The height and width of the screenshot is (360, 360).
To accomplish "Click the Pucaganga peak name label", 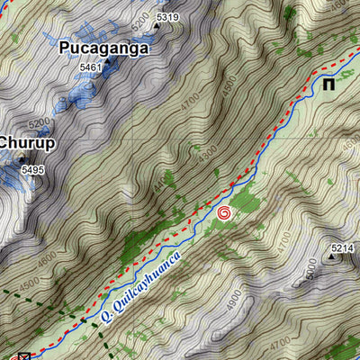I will (x=103, y=49).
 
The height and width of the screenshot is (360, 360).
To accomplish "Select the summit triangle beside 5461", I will (x=107, y=64).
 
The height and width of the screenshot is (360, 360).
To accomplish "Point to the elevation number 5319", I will (x=167, y=17).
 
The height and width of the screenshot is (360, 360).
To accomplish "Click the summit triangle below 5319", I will (x=157, y=26).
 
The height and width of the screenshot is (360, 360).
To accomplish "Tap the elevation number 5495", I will (x=32, y=169).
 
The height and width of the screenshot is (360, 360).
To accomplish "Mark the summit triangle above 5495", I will (x=22, y=158).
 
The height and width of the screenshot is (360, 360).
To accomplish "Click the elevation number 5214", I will (x=342, y=247).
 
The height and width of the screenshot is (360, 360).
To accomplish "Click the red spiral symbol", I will (x=224, y=213).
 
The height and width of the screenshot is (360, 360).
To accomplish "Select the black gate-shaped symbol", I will (x=331, y=85).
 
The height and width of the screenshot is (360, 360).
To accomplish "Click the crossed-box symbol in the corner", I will (x=24, y=355).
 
